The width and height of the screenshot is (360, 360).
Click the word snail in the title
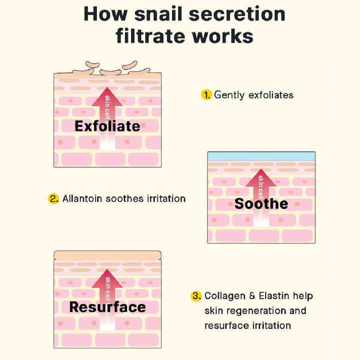pos(164,13)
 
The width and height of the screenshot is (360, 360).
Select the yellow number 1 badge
pos(206,94)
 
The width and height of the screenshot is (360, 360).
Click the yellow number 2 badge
pos(53,198)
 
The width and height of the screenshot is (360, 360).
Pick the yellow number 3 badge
pos(196,296)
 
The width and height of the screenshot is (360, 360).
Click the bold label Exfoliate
pos(107,126)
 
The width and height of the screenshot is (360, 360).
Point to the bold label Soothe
pos(261,203)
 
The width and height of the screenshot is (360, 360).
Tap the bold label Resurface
pos(107,306)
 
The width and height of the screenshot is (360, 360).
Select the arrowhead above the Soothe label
pos(261,178)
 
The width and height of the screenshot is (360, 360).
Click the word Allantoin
pos(82,198)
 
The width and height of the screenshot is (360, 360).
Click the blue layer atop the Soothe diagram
pos(261,156)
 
